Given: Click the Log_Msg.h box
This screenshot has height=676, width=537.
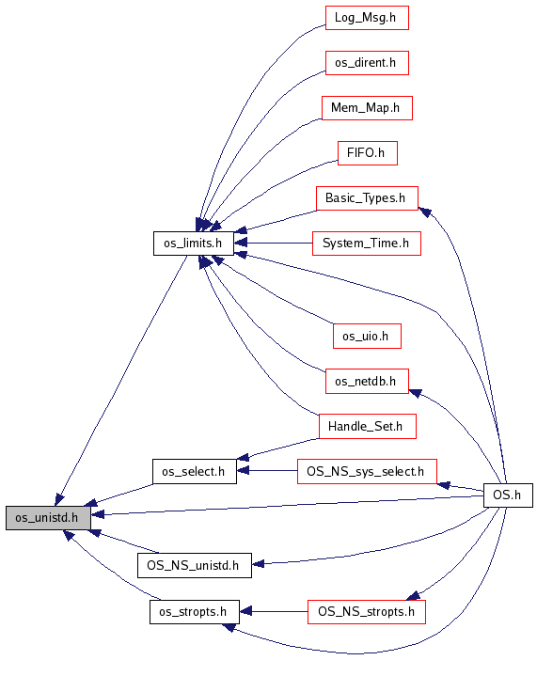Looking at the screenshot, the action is point(367,18).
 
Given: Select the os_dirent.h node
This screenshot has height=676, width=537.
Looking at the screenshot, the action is point(367,63).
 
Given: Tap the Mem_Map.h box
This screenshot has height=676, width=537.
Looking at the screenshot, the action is point(367,108).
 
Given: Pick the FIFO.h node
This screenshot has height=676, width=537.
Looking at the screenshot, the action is point(367,153).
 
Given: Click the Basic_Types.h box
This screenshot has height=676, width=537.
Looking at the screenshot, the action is point(367,198).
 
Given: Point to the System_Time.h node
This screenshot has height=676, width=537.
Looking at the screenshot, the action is point(366,244).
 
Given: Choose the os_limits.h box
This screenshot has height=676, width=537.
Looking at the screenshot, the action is point(193,244).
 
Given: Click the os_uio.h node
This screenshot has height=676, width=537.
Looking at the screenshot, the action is point(367,336).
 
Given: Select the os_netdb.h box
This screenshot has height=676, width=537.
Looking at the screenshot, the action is point(367,381).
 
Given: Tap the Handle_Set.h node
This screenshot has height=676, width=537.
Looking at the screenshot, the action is point(367,427).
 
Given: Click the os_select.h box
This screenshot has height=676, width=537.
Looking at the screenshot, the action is point(194,471).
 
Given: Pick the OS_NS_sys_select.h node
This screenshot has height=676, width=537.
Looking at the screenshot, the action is point(367,471).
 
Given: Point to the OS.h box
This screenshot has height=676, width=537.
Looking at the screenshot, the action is point(508,495).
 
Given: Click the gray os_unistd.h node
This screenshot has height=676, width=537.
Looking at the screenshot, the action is point(48,517).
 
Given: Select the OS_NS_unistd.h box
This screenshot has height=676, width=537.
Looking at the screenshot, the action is point(194,565).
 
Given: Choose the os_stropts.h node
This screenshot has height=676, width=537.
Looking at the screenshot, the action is point(194,612).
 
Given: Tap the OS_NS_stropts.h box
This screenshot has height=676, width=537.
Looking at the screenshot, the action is point(366,612).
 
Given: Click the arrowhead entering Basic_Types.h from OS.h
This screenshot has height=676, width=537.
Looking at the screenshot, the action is point(425,212).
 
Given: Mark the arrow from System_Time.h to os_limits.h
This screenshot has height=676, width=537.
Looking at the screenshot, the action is point(273,244).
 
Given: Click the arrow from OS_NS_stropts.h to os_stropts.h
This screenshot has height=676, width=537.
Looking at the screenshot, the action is point(274,612).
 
